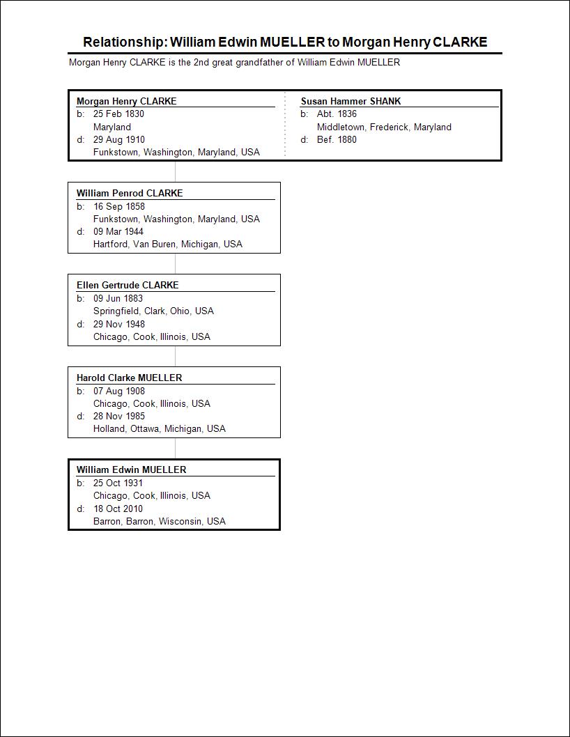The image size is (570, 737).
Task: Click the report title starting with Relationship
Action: point(285,42)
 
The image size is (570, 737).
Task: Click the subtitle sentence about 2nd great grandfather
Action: point(234,63)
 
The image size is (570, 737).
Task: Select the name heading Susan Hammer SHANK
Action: point(351,101)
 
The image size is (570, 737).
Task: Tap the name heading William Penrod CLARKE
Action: point(130,193)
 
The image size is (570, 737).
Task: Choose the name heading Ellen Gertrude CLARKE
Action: point(128,285)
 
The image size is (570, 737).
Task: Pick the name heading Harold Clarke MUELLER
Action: point(129,378)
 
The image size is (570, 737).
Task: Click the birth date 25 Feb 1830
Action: point(118,114)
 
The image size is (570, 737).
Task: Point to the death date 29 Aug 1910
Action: point(119,139)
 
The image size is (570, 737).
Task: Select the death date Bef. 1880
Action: point(337,139)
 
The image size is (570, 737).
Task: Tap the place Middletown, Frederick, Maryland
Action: point(384,127)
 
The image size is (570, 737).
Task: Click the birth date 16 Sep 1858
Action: point(119,206)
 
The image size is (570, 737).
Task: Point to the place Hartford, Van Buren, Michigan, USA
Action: point(168,244)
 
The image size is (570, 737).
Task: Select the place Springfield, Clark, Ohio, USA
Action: point(153,311)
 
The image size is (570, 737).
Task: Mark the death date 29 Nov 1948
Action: point(119,324)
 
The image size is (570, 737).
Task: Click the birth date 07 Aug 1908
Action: point(119,391)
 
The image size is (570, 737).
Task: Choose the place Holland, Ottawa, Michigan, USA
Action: point(160,428)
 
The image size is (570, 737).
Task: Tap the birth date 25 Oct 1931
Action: point(118,483)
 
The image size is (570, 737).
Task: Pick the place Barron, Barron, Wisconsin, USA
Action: point(160,521)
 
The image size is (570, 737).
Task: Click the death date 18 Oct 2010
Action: point(118,509)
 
